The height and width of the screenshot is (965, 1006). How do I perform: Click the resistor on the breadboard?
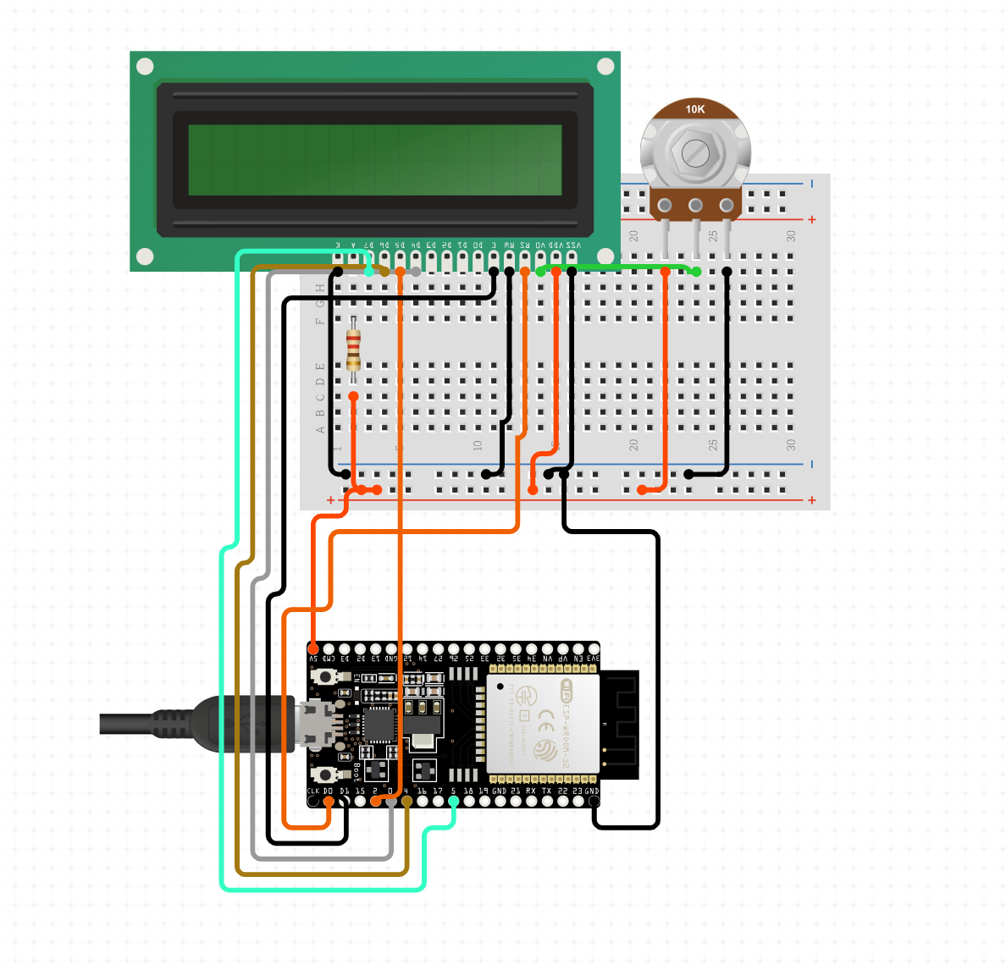pyautogui.click(x=353, y=350)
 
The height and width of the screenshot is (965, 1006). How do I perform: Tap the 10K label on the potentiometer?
pyautogui.click(x=694, y=109)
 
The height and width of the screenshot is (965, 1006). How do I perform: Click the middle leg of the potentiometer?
pyautogui.click(x=696, y=206)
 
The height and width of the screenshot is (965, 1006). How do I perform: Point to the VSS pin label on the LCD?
pyautogui.click(x=573, y=245)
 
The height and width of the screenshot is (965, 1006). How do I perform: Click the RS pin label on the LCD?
pyautogui.click(x=525, y=245)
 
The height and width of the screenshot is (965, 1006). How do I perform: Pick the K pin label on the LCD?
pyautogui.click(x=338, y=245)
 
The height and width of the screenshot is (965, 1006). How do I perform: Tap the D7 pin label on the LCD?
pyautogui.click(x=369, y=245)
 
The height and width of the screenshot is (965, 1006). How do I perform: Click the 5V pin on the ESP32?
pyautogui.click(x=313, y=649)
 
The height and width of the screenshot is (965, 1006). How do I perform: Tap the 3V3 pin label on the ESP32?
pyautogui.click(x=593, y=659)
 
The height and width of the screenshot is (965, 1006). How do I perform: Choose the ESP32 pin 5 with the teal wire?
pyautogui.click(x=454, y=801)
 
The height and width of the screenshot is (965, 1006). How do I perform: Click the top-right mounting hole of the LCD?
pyautogui.click(x=605, y=66)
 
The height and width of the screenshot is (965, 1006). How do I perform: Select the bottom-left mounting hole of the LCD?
pyautogui.click(x=145, y=256)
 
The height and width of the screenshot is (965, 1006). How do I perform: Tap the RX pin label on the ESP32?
pyautogui.click(x=531, y=791)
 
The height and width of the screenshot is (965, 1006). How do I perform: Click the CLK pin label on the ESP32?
pyautogui.click(x=312, y=791)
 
